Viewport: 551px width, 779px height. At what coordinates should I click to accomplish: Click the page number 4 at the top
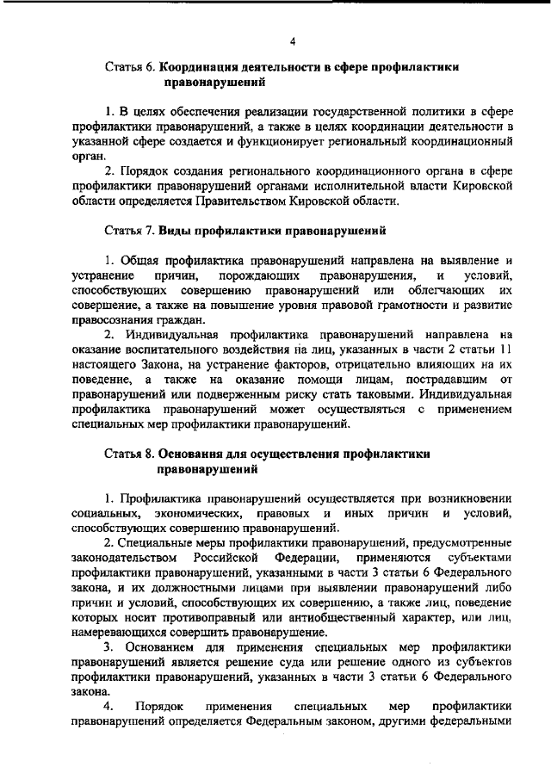coord(293,40)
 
